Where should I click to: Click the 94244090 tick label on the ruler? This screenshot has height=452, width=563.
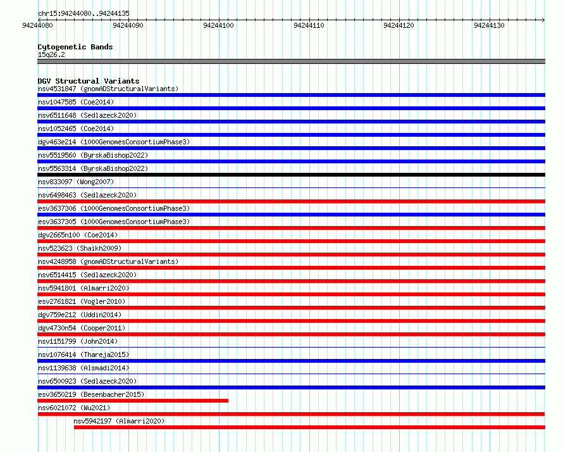pos(128,25)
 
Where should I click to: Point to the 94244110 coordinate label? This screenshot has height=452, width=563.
pos(309,25)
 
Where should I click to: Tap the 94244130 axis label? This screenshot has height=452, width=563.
pos(489,25)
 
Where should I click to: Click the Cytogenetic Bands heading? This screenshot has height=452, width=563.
pos(75,47)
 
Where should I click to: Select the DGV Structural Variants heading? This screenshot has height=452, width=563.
pos(89,81)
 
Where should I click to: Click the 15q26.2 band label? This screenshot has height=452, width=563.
pos(51,54)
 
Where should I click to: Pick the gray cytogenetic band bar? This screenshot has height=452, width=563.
pos(291,61)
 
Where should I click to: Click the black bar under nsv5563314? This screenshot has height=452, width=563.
pos(291,175)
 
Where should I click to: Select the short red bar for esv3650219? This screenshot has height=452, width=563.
pos(133,401)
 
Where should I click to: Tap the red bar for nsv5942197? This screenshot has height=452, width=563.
pos(309,427)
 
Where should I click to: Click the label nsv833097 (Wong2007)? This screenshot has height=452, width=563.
pos(76,182)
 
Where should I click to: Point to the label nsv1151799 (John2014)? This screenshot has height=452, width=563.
pos(78,341)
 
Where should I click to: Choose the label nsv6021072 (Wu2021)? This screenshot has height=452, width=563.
pos(74,408)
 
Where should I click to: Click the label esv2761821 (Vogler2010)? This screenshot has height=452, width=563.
pos(82,301)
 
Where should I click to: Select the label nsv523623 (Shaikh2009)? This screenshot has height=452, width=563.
pos(80,248)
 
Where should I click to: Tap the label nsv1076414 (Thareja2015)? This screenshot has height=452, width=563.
pos(84,355)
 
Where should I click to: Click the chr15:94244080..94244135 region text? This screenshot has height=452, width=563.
pos(84,13)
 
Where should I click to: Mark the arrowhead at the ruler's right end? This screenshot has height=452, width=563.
pos(543,20)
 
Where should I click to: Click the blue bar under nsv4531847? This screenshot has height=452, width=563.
pos(291,95)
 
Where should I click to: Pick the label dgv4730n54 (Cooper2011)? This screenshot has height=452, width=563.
pos(82,328)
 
